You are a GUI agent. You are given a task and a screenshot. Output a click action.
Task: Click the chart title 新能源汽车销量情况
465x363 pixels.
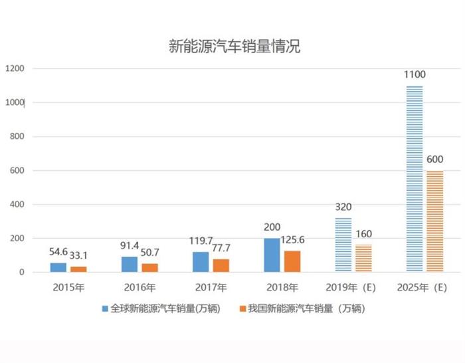[x=234, y=47]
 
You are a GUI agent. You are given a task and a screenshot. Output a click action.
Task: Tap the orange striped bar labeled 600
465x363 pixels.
[x=434, y=221]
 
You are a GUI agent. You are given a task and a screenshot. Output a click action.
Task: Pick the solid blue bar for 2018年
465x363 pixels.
[x=272, y=255]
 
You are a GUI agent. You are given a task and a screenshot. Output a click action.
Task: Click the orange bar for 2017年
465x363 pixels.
[x=221, y=265]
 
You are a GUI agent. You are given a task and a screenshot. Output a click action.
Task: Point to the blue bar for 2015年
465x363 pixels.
[x=58, y=267]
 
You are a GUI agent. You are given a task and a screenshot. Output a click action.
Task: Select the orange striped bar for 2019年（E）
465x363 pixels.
[x=363, y=258]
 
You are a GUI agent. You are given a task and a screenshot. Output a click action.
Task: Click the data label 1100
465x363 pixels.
[x=415, y=74]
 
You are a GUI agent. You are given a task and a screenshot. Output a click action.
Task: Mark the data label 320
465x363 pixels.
[x=343, y=206]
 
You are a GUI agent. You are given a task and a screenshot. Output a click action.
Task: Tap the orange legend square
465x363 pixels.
[x=243, y=309]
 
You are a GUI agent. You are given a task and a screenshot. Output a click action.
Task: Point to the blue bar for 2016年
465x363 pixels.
[x=129, y=264]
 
